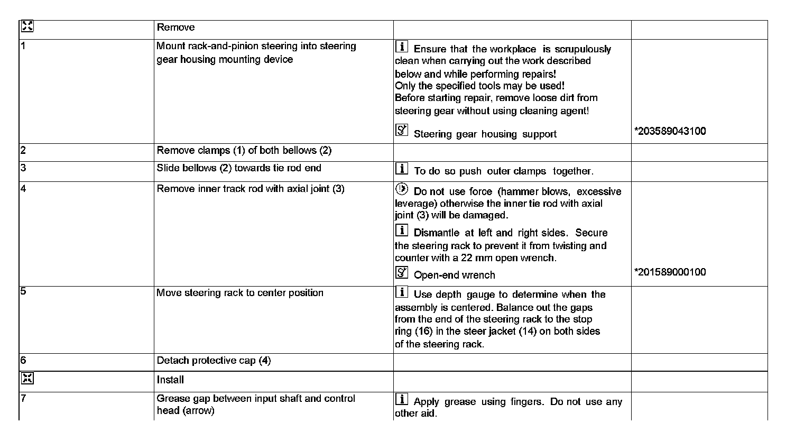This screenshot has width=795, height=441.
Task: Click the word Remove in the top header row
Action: pos(175,27)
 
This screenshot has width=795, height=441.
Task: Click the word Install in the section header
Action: pos(170,380)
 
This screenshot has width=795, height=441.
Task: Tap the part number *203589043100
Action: pos(670,131)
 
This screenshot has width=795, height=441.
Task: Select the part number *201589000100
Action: pos(670,272)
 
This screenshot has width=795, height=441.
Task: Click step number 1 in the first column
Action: pos(23,46)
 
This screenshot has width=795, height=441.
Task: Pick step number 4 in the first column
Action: pos(23,189)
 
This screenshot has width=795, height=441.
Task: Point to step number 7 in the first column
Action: pos(23,399)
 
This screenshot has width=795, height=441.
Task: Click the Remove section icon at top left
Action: pos(27,26)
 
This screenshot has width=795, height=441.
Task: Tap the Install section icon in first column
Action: pos(27,378)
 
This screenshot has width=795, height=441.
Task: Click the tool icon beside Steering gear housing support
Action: pos(402,130)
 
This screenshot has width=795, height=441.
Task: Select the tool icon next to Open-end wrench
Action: pos(402,272)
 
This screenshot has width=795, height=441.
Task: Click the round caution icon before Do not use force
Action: pos(402,189)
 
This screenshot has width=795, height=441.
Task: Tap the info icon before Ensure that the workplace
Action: pos(402,47)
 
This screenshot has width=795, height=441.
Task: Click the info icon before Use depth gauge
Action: pos(402,292)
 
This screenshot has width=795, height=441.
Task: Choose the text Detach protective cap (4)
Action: pos(214,361)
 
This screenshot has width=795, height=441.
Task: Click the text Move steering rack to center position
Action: pos(240,293)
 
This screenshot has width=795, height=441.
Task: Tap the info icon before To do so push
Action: pos(402,169)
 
